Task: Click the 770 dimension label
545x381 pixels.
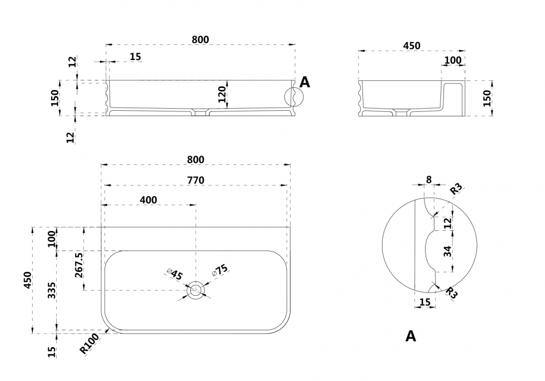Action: pyautogui.click(x=196, y=180)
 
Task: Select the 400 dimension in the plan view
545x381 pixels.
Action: pyautogui.click(x=148, y=200)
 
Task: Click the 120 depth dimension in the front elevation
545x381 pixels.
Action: pyautogui.click(x=222, y=94)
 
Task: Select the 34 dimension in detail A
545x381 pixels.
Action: pyautogui.click(x=446, y=252)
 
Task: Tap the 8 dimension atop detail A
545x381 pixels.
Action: pyautogui.click(x=429, y=179)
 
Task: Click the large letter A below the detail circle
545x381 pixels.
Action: pyautogui.click(x=410, y=336)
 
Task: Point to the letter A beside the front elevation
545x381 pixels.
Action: pyautogui.click(x=305, y=83)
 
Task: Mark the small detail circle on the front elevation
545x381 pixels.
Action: pyautogui.click(x=292, y=97)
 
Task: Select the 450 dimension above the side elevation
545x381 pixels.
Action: pyautogui.click(x=411, y=46)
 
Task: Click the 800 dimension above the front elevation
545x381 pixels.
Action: pyautogui.click(x=201, y=39)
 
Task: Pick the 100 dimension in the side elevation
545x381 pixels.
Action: pyautogui.click(x=453, y=60)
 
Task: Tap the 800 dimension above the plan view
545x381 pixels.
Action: pyautogui.click(x=196, y=159)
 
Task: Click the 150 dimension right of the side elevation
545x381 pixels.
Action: pyautogui.click(x=487, y=98)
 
